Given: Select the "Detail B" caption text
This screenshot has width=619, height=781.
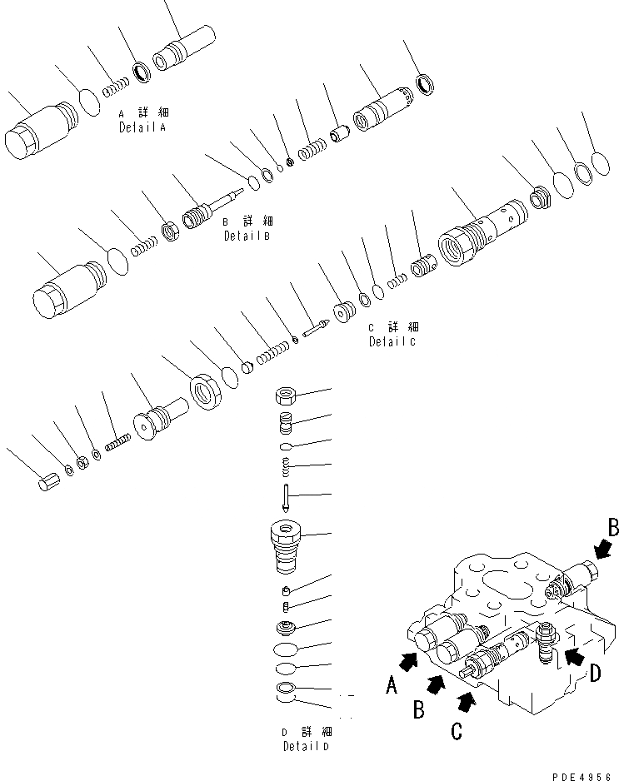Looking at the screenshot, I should (247, 236).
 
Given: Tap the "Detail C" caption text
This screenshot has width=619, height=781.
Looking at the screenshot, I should (392, 341).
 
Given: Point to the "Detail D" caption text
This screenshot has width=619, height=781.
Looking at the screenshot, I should (305, 746).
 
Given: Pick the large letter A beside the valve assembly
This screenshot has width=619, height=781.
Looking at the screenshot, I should (391, 686).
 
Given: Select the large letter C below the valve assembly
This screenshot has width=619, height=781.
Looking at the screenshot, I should (457, 732).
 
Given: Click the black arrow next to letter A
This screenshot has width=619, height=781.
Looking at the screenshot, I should (409, 661).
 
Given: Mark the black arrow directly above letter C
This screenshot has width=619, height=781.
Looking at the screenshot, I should (468, 704).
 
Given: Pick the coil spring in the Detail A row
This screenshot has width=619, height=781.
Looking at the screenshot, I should (112, 87).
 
